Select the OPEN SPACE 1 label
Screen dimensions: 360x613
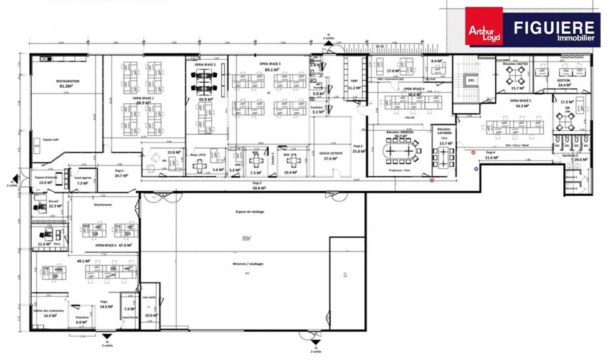(x=143, y=98)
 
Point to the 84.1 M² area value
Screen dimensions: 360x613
(x=270, y=70)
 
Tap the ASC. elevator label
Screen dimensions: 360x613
(x=472, y=80)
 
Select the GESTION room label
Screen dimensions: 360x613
(x=564, y=80)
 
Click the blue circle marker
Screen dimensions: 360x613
(x=476, y=168)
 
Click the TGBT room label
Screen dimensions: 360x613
(x=354, y=81)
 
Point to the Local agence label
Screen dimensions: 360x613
(x=83, y=178)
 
